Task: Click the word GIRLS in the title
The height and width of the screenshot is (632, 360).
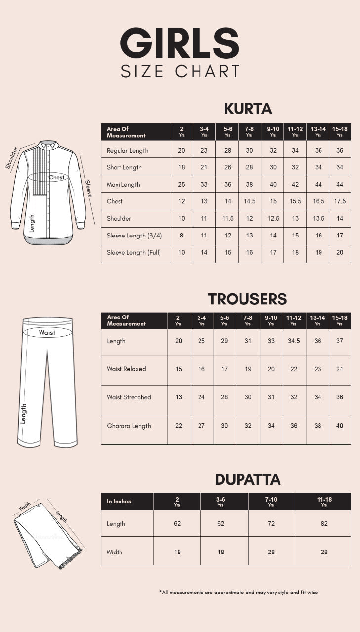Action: (180, 43)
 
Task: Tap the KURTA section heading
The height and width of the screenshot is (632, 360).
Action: (248, 108)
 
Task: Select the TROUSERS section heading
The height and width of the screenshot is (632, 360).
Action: (247, 299)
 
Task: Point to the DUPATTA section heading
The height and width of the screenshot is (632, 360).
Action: (248, 479)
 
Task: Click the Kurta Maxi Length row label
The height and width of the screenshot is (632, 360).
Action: (123, 184)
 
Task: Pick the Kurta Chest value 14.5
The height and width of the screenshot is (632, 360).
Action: (249, 201)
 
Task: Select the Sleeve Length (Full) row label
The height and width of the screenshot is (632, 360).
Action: (134, 252)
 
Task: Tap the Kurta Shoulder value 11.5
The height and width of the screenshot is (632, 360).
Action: (227, 218)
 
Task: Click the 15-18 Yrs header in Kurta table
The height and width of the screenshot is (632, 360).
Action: (339, 131)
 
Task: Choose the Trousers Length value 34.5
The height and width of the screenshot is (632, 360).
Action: (294, 341)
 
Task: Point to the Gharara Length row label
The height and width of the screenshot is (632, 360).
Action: (129, 426)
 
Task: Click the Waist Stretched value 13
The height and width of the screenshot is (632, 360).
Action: (179, 397)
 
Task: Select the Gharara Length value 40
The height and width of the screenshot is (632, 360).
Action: (340, 426)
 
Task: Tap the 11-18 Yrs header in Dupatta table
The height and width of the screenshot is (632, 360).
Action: (324, 502)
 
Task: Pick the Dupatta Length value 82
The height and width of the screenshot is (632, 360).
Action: (324, 524)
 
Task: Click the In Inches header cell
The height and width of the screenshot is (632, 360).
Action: (119, 501)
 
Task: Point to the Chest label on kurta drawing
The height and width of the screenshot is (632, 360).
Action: (56, 177)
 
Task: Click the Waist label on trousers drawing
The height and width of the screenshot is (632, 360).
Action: (47, 333)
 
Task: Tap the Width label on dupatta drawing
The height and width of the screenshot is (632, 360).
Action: (25, 508)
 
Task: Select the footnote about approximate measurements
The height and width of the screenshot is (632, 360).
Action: (238, 592)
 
